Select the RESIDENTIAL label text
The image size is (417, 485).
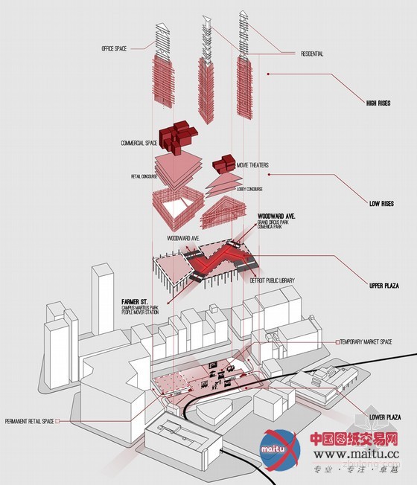click(311, 54)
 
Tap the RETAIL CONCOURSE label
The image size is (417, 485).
click(135, 177)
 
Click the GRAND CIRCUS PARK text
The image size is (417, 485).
click(273, 223)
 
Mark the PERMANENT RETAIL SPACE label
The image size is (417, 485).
click(28, 421)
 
